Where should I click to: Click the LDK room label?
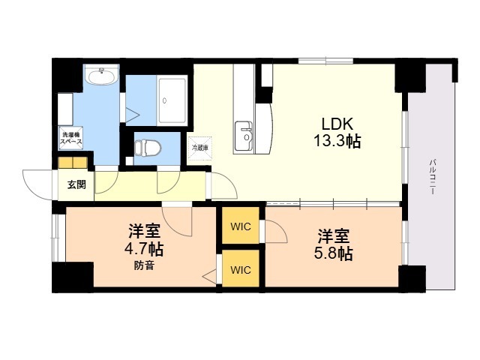point(337,124)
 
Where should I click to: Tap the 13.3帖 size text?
point(337,142)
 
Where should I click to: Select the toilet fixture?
point(148,148)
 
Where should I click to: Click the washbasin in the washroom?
point(101,75)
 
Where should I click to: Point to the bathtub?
point(172,100)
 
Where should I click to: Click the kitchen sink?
point(244,135)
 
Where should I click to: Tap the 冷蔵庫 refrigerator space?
point(200,148)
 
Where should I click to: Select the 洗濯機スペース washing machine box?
point(71,138)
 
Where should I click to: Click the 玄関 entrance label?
point(76,184)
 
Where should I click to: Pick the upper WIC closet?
point(241,226)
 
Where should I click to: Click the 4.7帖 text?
point(143,249)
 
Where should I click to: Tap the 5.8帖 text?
point(333,253)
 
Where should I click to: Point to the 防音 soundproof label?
point(144,266)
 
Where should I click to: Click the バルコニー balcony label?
point(433,177)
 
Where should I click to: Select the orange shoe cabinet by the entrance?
point(73,163)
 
